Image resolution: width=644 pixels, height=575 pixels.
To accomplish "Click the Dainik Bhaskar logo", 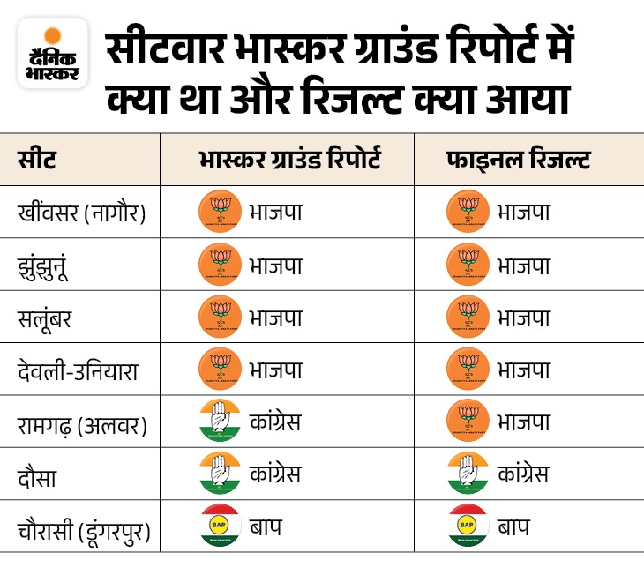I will click(53, 53).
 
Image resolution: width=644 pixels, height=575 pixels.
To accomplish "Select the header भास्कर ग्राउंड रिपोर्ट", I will click(288, 161).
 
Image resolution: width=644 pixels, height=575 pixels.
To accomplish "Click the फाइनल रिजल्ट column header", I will click(518, 161).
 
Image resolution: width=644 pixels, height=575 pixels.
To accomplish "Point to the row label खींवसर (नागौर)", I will click(81, 213).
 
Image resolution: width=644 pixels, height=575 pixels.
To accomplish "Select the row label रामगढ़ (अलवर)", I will click(82, 422).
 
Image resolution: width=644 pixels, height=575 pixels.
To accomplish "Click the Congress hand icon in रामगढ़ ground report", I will click(220, 422).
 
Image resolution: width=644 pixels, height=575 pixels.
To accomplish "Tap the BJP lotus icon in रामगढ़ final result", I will click(468, 422).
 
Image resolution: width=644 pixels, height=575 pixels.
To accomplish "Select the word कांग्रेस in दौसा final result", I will click(522, 474).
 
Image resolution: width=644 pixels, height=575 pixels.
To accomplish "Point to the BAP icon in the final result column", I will click(468, 526).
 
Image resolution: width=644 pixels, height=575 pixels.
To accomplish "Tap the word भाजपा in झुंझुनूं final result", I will click(523, 265).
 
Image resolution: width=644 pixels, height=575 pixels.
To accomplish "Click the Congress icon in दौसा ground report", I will click(220, 474).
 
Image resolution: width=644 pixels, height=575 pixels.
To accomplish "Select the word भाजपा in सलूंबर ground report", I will click(275, 317).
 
